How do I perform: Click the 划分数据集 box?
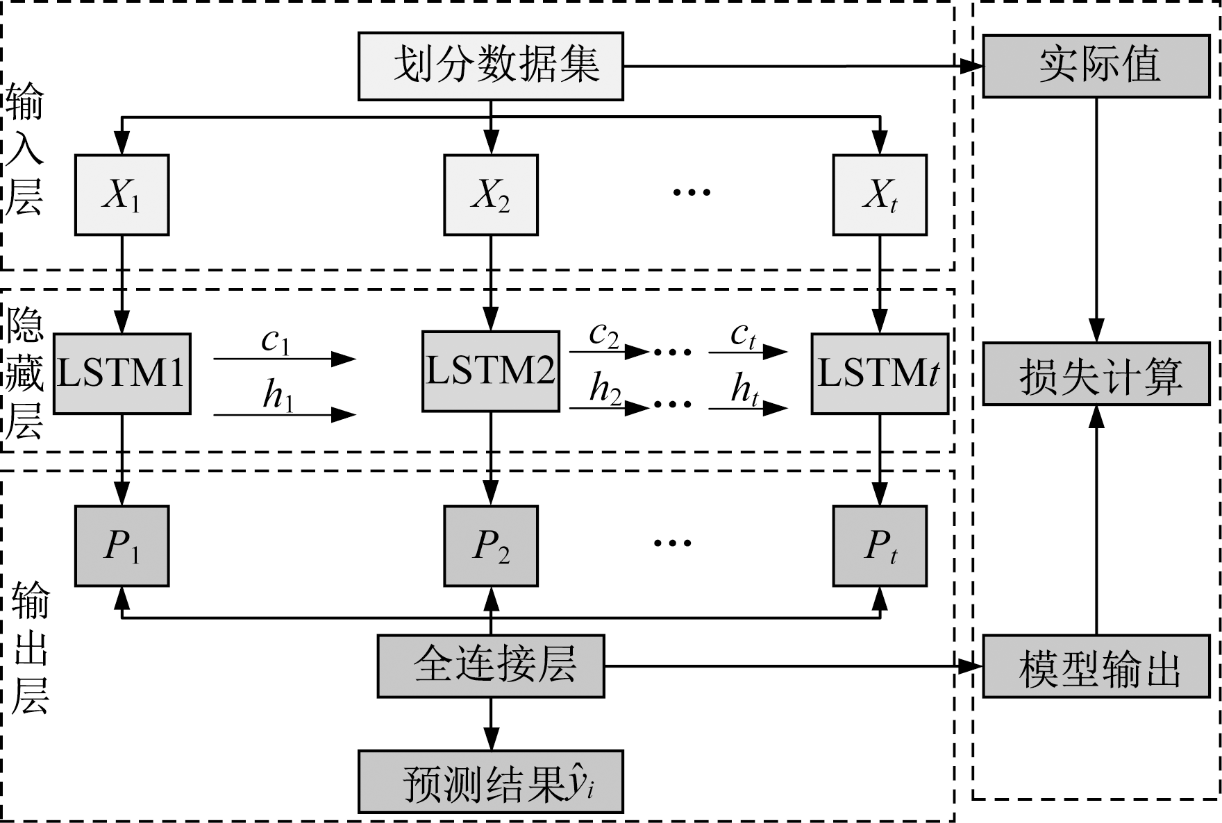[x=490, y=66]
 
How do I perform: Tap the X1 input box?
[x=122, y=195]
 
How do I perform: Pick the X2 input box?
[x=490, y=195]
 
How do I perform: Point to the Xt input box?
[x=880, y=195]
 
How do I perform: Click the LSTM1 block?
[x=122, y=374]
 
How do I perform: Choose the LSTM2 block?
[x=490, y=371]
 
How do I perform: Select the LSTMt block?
[x=880, y=374]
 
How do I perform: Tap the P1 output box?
[x=122, y=546]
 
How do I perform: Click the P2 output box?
[x=490, y=546]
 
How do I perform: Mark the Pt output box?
[x=880, y=546]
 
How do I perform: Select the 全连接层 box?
[x=490, y=666]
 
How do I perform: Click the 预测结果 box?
[x=490, y=782]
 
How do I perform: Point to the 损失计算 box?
[x=1096, y=374]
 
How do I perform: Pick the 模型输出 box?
[x=1096, y=666]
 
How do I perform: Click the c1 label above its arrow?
[x=276, y=341]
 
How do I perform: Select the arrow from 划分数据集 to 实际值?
[x=798, y=67]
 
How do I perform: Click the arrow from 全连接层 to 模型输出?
[x=792, y=667]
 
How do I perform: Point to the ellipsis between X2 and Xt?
[x=692, y=192]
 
